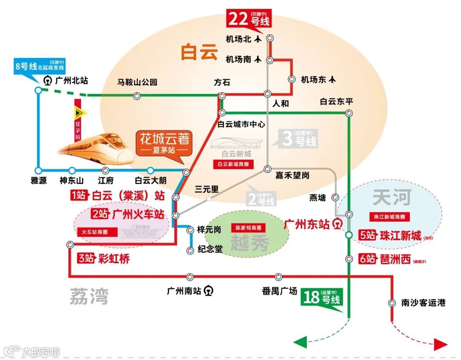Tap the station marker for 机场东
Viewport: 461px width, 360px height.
click(x=292, y=79)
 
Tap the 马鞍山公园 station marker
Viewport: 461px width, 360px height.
click(x=136, y=96)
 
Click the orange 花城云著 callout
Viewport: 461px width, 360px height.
click(x=164, y=143)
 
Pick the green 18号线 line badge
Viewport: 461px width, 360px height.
click(x=322, y=297)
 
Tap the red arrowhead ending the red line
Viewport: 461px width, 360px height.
click(x=440, y=344)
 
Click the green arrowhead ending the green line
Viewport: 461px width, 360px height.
click(x=301, y=342)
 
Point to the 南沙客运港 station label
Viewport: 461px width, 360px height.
click(x=423, y=303)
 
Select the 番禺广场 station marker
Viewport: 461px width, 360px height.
click(x=279, y=276)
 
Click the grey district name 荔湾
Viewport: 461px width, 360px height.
click(x=89, y=296)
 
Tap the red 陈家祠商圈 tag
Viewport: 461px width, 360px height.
click(x=248, y=228)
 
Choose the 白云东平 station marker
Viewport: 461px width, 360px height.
click(x=349, y=113)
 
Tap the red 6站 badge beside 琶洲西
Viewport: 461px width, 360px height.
click(x=368, y=259)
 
